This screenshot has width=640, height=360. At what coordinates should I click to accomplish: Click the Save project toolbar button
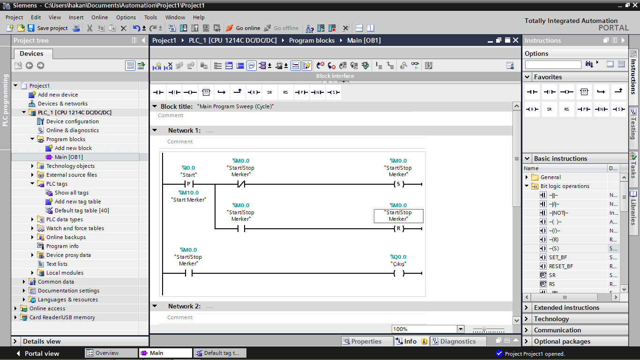click(48, 28)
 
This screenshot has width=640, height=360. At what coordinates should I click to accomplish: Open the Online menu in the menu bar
click(99, 17)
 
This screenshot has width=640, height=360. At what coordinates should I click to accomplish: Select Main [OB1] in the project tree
click(68, 157)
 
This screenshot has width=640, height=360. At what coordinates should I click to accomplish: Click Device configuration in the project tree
click(72, 121)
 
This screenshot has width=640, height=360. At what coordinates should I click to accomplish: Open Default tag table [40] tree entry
click(82, 210)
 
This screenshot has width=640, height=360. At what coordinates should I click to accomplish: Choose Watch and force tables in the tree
click(75, 228)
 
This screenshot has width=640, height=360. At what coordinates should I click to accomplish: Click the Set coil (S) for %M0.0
click(399, 184)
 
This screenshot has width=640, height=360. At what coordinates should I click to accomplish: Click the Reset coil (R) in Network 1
click(399, 228)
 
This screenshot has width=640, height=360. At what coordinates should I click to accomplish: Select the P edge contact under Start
click(188, 184)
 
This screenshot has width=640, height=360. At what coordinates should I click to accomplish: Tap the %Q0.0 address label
click(398, 257)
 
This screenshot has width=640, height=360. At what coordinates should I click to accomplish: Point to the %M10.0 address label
click(188, 193)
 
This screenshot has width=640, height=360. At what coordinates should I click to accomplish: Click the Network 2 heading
click(184, 306)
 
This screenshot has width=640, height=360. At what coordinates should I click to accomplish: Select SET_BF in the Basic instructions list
click(558, 257)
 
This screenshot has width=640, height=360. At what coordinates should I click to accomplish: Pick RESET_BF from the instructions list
click(561, 266)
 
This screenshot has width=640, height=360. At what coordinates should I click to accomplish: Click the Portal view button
click(38, 353)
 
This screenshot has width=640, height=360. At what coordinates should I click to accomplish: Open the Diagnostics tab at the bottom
click(458, 341)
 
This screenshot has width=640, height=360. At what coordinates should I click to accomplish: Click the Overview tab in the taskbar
click(107, 353)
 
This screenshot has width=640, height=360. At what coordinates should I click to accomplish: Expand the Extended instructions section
click(566, 307)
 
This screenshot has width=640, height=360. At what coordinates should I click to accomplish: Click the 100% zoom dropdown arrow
click(461, 329)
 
